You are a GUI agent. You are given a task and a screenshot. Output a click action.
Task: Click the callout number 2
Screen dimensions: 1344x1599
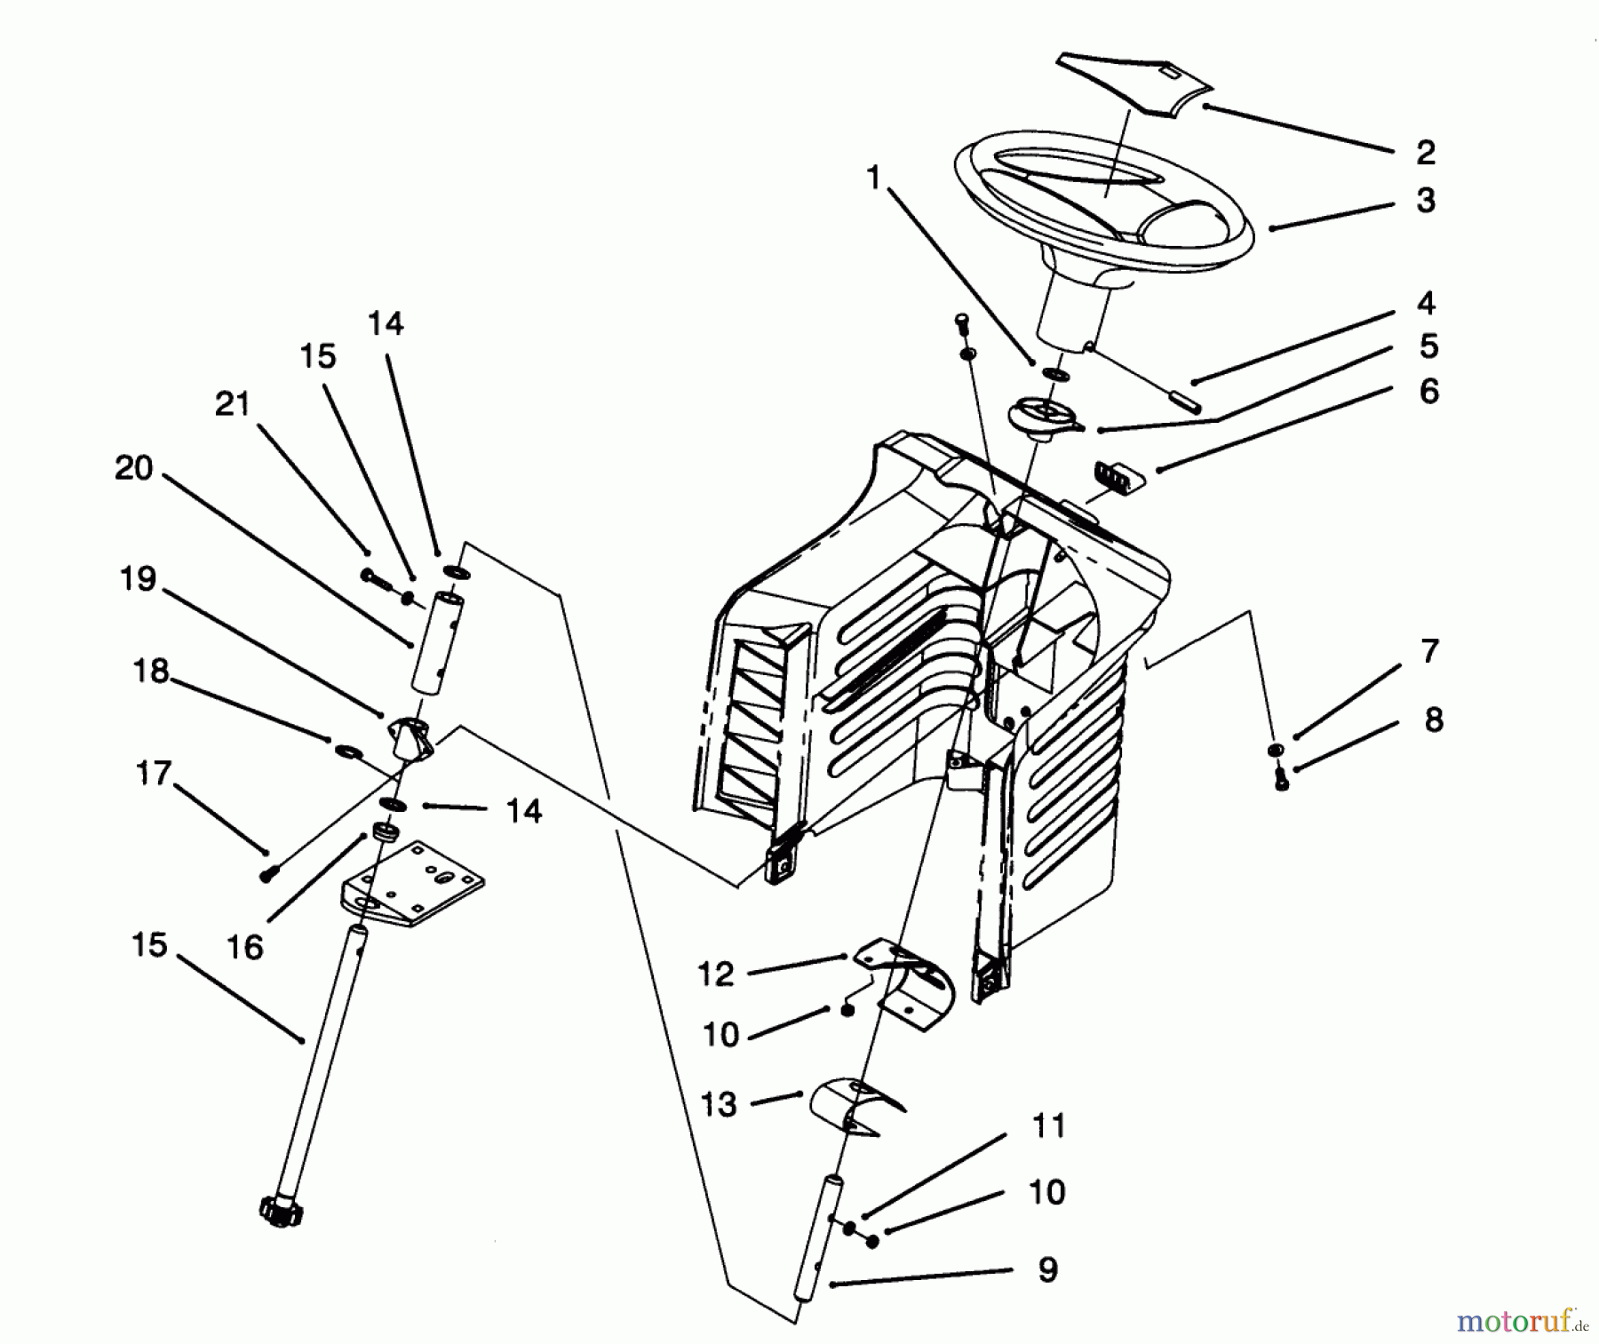1425,153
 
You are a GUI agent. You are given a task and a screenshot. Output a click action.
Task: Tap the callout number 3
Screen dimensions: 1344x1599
1425,200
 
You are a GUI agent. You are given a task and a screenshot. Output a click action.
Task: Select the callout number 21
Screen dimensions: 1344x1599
233,404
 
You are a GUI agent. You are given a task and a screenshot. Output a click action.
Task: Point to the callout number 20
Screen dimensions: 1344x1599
134,468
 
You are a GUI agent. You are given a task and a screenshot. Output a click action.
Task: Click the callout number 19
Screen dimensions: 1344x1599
138,579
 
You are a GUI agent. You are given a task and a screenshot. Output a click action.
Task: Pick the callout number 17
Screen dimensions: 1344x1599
153,773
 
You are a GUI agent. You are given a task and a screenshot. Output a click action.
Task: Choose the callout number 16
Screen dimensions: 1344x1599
245,948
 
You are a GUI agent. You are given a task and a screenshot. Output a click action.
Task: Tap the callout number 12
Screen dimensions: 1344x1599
717,974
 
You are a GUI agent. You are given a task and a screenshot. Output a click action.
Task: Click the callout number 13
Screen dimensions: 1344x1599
719,1104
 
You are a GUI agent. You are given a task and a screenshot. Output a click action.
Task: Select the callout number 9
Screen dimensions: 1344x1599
1047,1269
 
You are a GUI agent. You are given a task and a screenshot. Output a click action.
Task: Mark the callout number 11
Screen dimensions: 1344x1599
1048,1126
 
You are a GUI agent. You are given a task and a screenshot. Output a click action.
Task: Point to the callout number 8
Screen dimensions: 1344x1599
1433,720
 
